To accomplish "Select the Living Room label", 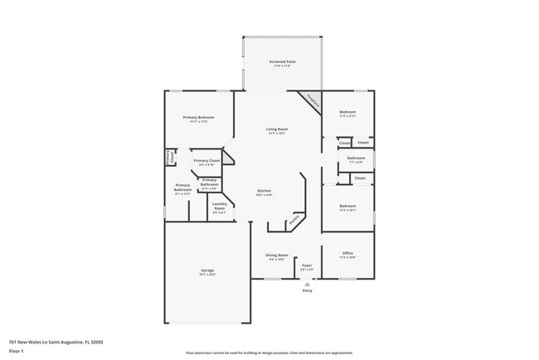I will pyautogui.click(x=277, y=129).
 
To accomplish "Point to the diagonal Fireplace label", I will pyautogui.click(x=312, y=100).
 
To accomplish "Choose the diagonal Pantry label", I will pyautogui.click(x=292, y=221).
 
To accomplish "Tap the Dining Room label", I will pyautogui.click(x=276, y=255).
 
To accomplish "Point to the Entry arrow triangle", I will pyautogui.click(x=308, y=284).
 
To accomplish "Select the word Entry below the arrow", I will pyautogui.click(x=308, y=290).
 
